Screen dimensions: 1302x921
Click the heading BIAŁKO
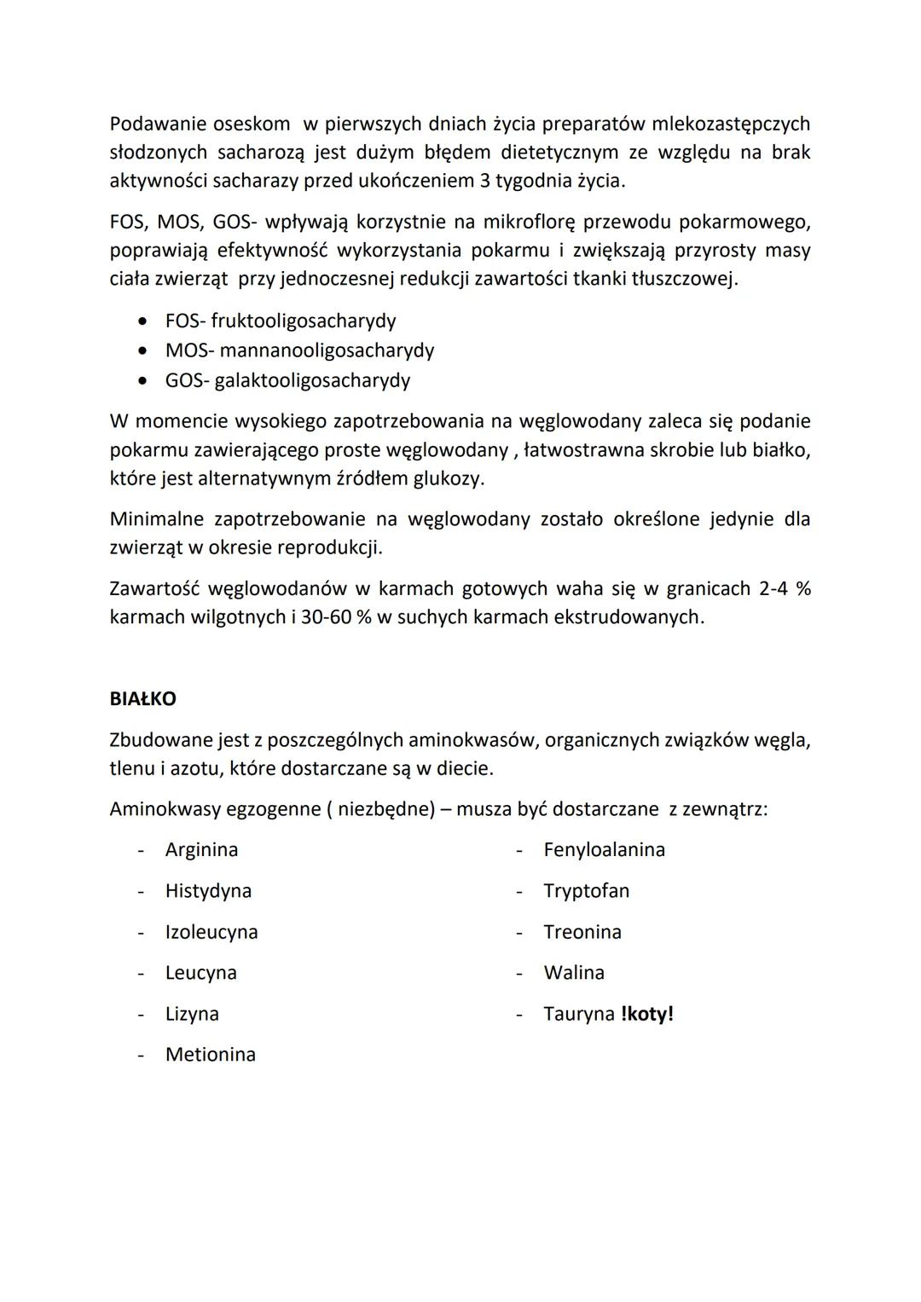coord(143,699)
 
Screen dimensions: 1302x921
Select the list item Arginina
coord(201,850)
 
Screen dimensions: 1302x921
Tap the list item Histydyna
coord(208,891)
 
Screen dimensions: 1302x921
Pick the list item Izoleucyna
coord(211,932)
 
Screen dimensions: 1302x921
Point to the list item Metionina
coord(211,1055)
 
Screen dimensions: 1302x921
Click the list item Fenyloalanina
coord(604,850)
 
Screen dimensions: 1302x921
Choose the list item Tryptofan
coord(587,891)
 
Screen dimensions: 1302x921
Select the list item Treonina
coord(582,932)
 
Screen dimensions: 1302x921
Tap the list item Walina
coord(574,973)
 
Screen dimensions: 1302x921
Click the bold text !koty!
coord(647,1014)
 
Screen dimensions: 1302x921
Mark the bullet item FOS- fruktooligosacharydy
coord(281,321)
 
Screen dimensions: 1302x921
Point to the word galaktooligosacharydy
coord(312,380)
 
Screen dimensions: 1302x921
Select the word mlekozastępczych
coord(731,124)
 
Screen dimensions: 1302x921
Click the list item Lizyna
coord(192,1014)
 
